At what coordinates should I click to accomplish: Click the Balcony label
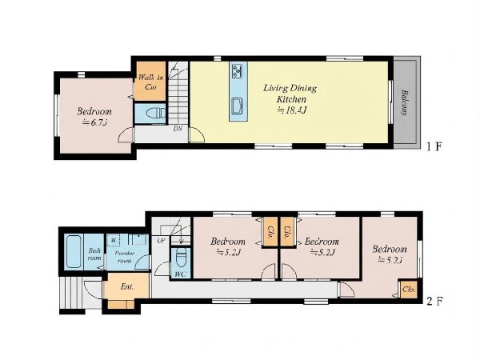[404, 102]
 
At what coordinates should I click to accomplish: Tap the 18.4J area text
[291, 110]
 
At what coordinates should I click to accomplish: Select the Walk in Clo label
[150, 82]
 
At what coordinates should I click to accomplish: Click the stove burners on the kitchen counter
[238, 70]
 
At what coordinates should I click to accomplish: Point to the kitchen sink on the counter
[238, 106]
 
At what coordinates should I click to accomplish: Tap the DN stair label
[178, 129]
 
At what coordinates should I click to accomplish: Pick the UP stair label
[161, 241]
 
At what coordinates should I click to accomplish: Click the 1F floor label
[434, 147]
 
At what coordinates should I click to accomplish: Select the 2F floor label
[434, 302]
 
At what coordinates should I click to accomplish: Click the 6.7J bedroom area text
[94, 122]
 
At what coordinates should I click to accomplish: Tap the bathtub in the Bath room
[74, 252]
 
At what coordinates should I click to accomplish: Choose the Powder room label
[125, 257]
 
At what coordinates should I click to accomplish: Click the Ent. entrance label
[127, 287]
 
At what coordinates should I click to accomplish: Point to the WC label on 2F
[180, 274]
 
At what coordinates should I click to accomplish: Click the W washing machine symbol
[114, 240]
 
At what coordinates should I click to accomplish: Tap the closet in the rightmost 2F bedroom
[409, 289]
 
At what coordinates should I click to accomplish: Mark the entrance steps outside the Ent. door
[70, 294]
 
